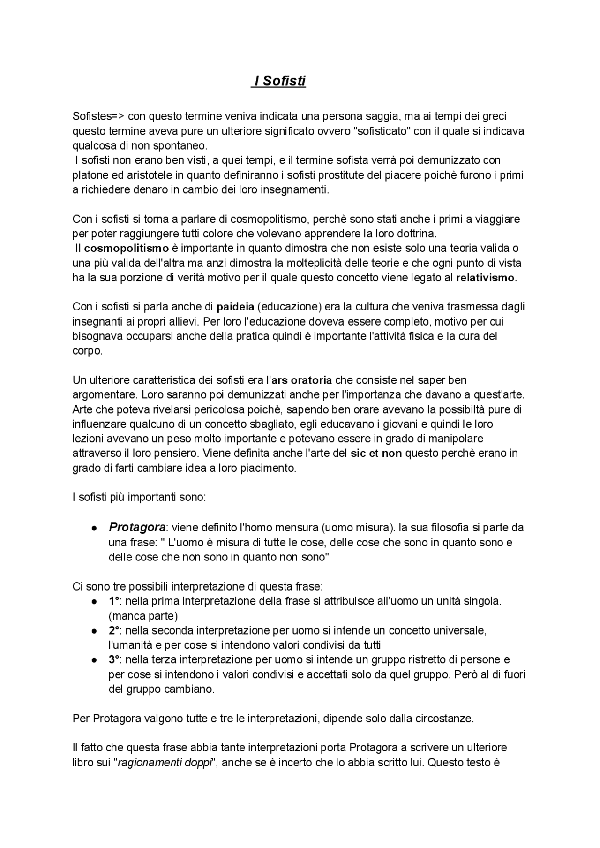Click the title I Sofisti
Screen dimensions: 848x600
click(279, 81)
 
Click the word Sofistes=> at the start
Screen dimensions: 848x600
click(98, 116)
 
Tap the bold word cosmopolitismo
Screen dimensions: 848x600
click(126, 248)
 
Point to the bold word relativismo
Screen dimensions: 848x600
click(485, 278)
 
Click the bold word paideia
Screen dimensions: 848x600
click(235, 307)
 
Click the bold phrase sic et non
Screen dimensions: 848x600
click(376, 453)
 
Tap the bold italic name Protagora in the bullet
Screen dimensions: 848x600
click(137, 527)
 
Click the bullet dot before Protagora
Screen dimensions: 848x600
click(94, 528)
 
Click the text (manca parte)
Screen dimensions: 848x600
click(143, 616)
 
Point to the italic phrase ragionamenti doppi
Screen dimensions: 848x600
click(165, 762)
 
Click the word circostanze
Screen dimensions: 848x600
click(444, 719)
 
